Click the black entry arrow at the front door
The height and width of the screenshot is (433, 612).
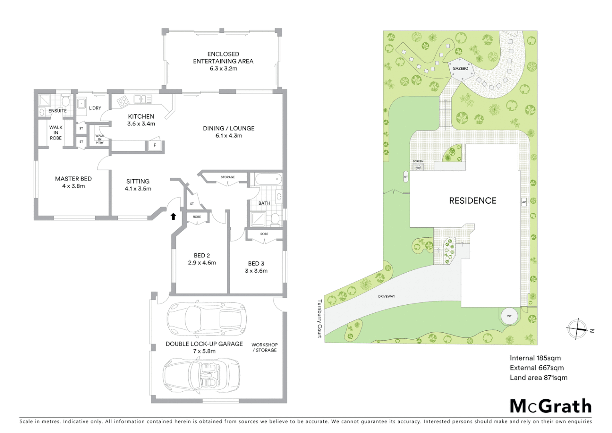[x=173, y=216]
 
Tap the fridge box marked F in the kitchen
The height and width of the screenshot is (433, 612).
[x=155, y=145]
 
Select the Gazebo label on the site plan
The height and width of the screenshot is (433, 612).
[x=460, y=69]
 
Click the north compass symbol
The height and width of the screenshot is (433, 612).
[x=577, y=329]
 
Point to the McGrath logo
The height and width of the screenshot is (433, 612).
[x=551, y=406]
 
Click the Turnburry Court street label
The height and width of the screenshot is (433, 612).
[x=320, y=319]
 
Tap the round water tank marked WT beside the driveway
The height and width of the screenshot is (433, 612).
[x=509, y=316]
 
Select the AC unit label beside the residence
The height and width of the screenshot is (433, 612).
[x=524, y=202]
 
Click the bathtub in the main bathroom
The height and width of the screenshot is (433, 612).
[x=268, y=179]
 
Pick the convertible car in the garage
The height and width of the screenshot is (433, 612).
[x=201, y=374]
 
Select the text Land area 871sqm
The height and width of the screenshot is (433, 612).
[x=538, y=377]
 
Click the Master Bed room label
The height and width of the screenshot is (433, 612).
[x=73, y=179]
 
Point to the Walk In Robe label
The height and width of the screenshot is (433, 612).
[x=56, y=133]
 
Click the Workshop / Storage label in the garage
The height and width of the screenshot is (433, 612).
[x=264, y=347]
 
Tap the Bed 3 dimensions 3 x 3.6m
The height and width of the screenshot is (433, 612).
[x=256, y=271]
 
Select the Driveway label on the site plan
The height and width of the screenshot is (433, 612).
[x=387, y=296]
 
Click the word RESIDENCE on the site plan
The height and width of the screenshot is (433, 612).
[x=473, y=200]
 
